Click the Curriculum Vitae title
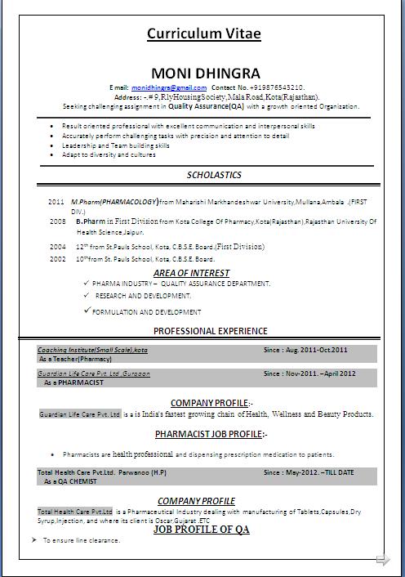point(204,34)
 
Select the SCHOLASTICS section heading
point(214,175)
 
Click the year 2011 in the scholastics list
point(56,201)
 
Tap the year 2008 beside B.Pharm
point(57,221)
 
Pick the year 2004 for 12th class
point(57,246)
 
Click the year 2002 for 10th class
point(57,259)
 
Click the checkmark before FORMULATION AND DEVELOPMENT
point(87,311)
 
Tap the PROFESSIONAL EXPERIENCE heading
point(211,331)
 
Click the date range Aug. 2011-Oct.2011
point(305,350)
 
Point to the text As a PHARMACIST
point(73,382)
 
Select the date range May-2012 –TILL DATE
point(309,472)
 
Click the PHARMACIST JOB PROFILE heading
point(211,434)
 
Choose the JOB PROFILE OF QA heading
point(201,530)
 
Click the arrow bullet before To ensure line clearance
point(34,540)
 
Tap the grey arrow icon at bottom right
point(382,560)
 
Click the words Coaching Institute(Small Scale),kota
point(93,350)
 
